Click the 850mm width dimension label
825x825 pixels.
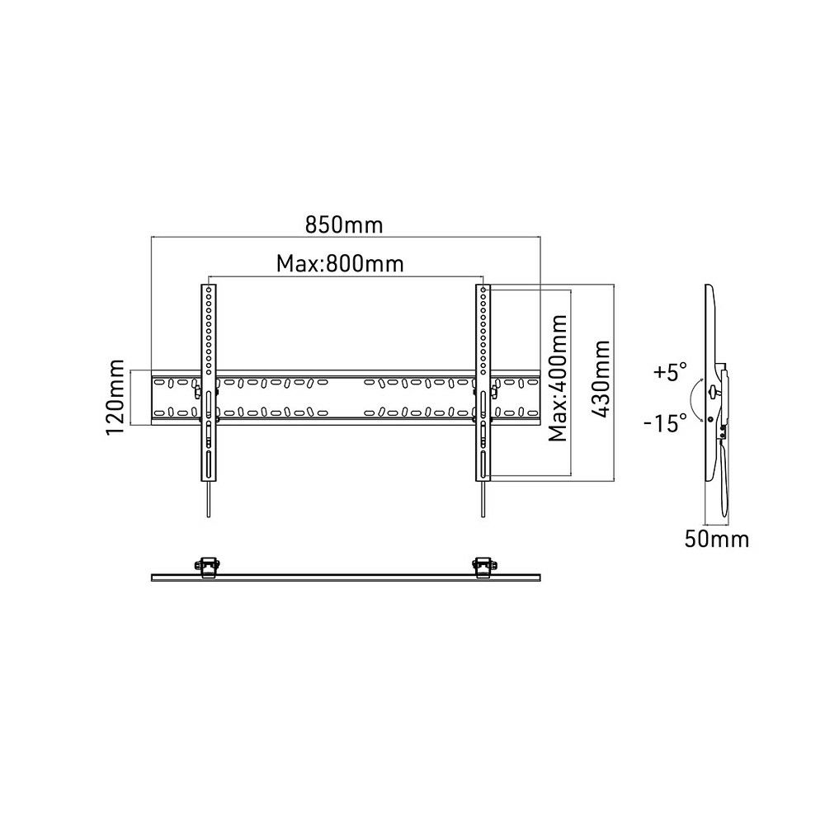click(x=344, y=224)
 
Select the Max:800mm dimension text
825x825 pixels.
click(x=340, y=263)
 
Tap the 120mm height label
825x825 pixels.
click(x=115, y=398)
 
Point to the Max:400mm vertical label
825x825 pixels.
click(x=558, y=379)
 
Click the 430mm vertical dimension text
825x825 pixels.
click(x=601, y=379)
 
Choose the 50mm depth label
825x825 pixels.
click(x=717, y=539)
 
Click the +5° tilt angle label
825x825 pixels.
click(x=670, y=371)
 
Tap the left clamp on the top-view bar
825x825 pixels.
click(x=209, y=568)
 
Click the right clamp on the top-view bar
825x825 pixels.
click(x=483, y=568)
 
